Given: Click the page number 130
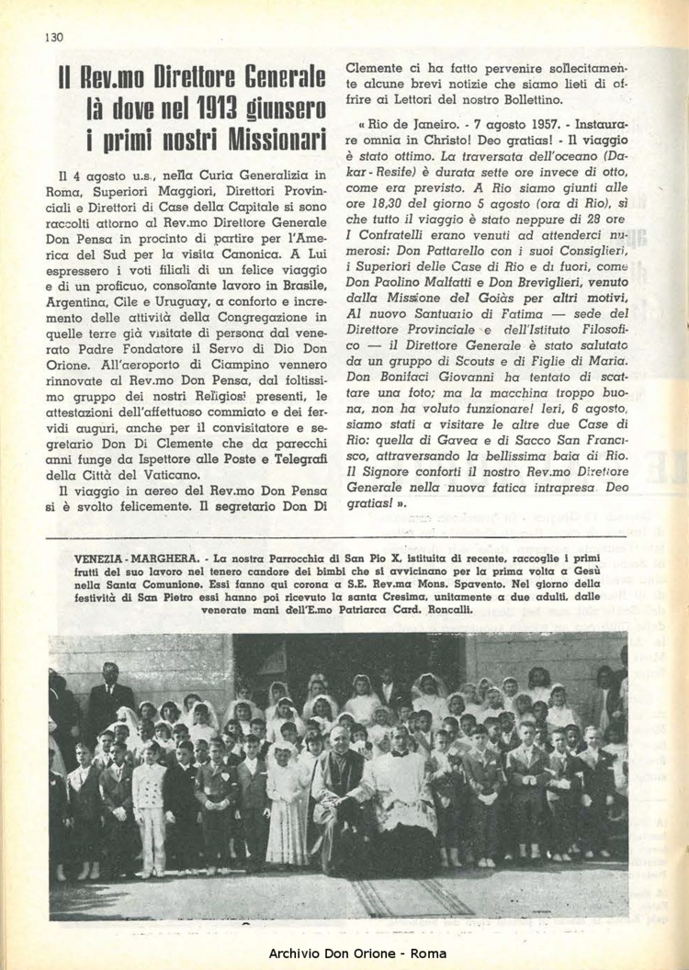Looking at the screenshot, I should [x=51, y=37].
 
